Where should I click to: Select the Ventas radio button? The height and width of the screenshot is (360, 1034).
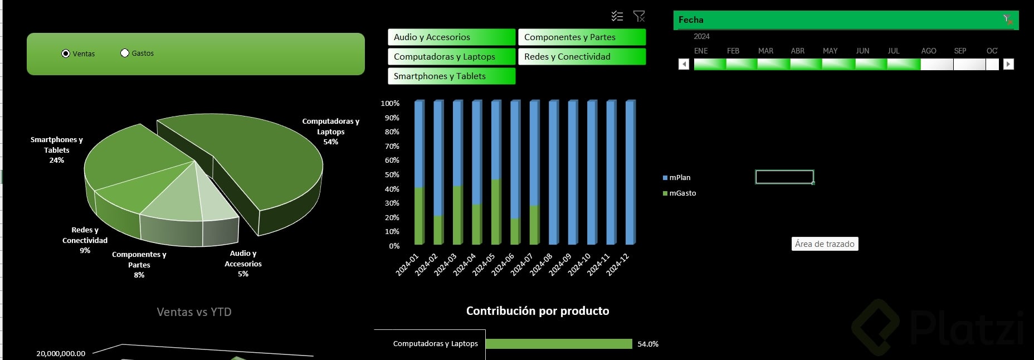(66, 53)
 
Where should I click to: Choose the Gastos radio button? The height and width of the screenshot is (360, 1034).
(125, 53)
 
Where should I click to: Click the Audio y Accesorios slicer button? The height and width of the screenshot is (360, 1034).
(451, 37)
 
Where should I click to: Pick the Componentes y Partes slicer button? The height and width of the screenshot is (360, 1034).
(582, 37)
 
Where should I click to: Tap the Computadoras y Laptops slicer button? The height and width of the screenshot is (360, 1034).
(451, 57)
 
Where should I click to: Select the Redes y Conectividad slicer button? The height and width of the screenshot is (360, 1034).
(582, 57)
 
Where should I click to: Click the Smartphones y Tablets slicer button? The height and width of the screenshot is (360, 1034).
(451, 76)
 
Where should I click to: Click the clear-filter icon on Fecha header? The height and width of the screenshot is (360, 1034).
(1008, 20)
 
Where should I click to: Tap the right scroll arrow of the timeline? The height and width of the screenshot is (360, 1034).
(1008, 64)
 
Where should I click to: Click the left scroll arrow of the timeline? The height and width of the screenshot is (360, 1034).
(684, 64)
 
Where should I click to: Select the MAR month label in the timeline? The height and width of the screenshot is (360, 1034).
(765, 51)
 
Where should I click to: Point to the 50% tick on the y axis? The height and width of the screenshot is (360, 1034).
(392, 175)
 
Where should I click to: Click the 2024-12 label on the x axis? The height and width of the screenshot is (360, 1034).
(618, 264)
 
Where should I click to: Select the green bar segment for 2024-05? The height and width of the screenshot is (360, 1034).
(496, 212)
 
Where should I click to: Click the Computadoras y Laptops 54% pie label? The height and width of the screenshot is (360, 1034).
(330, 132)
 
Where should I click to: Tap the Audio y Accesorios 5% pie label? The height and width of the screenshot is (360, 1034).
(243, 264)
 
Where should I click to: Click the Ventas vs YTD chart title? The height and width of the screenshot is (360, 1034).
(194, 312)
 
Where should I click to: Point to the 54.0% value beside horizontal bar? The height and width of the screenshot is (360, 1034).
(648, 344)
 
